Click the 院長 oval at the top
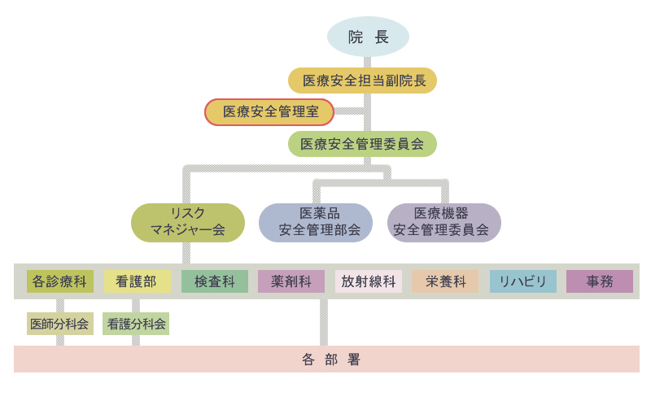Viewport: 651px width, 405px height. pyautogui.click(x=368, y=37)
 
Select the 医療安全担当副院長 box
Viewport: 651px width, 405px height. pyautogui.click(x=362, y=81)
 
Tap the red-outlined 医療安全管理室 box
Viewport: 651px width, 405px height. pyautogui.click(x=269, y=112)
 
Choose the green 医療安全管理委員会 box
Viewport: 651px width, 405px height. pyautogui.click(x=362, y=144)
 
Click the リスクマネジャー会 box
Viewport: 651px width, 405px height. pyautogui.click(x=188, y=222)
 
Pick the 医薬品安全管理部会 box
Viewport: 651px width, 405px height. pyautogui.click(x=316, y=222)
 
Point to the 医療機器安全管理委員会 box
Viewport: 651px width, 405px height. pyautogui.click(x=443, y=222)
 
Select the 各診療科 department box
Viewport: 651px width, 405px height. pyautogui.click(x=59, y=281)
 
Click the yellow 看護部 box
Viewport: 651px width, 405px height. pyautogui.click(x=136, y=281)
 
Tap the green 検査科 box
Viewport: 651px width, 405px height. pyautogui.click(x=214, y=281)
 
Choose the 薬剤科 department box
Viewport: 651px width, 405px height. pyautogui.click(x=291, y=281)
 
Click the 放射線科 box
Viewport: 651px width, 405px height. pyautogui.click(x=368, y=281)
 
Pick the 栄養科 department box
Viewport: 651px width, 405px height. pyautogui.click(x=445, y=281)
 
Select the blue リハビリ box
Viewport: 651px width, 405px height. pyautogui.click(x=522, y=281)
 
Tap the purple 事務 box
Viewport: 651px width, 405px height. pyautogui.click(x=600, y=281)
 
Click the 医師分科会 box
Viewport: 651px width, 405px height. pyautogui.click(x=59, y=324)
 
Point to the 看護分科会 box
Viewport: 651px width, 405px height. pyautogui.click(x=136, y=324)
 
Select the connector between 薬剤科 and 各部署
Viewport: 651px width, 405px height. pyautogui.click(x=324, y=322)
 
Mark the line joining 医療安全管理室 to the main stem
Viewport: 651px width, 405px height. pyautogui.click(x=350, y=111)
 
